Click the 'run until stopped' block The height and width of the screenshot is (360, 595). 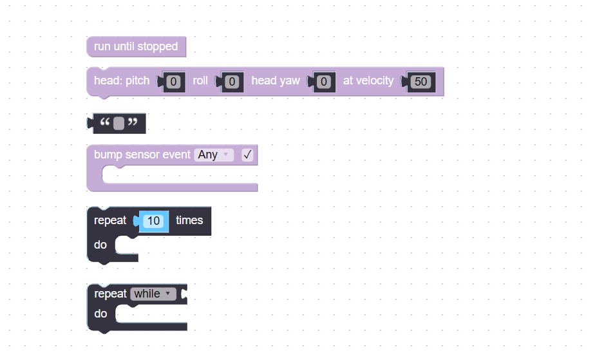coord(136,46)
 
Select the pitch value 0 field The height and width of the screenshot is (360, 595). coord(173,82)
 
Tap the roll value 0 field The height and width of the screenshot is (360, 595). coord(234,82)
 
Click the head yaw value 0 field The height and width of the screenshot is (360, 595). coord(325,82)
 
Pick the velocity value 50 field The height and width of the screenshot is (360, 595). coord(421,82)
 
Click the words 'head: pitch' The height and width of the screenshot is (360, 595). coord(122,81)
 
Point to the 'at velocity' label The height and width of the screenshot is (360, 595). coord(368,81)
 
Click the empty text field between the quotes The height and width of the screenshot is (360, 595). coord(118,123)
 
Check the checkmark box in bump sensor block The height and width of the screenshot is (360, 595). coord(247,155)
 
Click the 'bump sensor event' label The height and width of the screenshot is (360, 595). coord(142,155)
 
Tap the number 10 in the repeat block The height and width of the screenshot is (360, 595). coord(153,221)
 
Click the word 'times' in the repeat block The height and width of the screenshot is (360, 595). coord(189,220)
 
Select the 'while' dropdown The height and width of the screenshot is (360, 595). coord(153,294)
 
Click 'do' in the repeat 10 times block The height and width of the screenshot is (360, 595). coord(100,245)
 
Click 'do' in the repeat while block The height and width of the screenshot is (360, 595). coord(100,314)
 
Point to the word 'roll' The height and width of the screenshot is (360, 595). coord(200,81)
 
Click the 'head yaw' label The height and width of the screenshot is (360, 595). coord(276,81)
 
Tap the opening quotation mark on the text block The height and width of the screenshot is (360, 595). coord(106,123)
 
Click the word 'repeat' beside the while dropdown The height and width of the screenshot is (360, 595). coord(111,294)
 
